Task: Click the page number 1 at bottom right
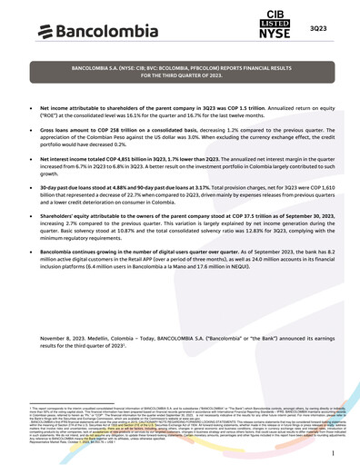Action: [x=334, y=451]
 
